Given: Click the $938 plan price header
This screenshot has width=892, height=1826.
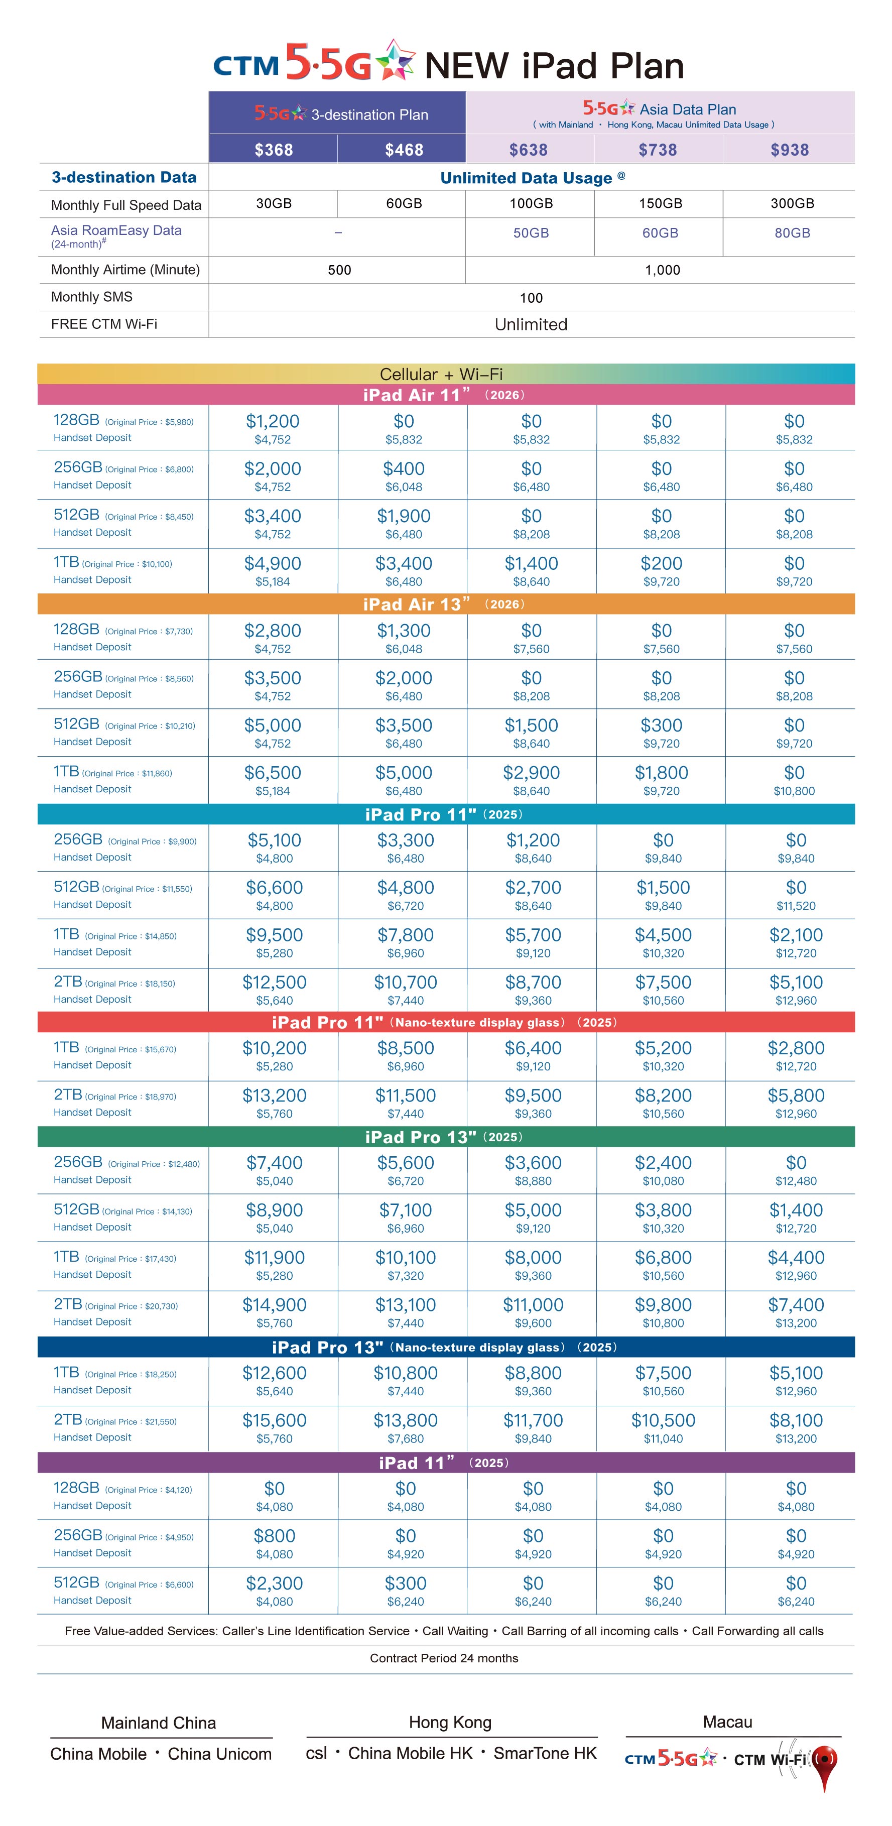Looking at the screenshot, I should pos(789,150).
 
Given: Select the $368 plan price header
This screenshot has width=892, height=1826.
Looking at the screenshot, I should pos(274,150).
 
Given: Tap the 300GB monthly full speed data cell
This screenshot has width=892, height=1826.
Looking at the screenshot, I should pos(792,203).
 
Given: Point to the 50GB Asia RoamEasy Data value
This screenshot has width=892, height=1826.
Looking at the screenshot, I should pos(531,233).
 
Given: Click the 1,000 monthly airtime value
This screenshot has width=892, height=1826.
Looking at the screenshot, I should pos(662,270).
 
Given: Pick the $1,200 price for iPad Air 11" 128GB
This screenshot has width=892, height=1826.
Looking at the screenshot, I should pos(273,421).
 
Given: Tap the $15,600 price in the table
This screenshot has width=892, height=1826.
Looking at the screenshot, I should pos(274,1420).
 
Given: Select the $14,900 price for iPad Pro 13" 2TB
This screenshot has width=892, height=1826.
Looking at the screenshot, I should pos(274,1305).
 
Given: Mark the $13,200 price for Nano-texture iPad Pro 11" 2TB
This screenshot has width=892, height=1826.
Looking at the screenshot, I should pos(274,1096).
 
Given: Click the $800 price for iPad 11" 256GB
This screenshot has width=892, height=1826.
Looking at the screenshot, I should pos(274,1536).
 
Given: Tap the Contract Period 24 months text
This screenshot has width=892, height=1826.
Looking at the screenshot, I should pos(444,1658).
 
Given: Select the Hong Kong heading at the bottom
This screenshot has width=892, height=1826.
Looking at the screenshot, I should pos(450,1723).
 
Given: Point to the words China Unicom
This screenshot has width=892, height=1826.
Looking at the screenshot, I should pos(220,1754).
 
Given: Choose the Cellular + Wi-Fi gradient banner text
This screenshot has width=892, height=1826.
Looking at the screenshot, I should pos(441,374).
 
